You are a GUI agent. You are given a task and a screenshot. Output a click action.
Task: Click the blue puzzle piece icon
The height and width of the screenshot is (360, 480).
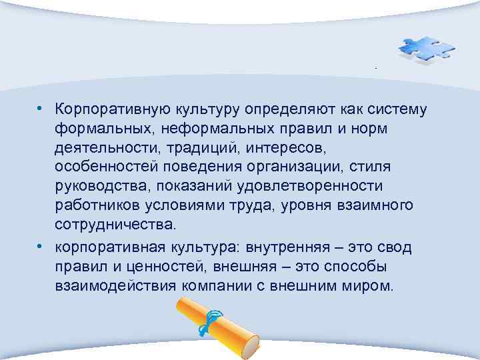(x=425, y=49)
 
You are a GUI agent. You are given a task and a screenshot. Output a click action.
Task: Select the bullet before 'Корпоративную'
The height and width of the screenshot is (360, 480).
(x=41, y=108)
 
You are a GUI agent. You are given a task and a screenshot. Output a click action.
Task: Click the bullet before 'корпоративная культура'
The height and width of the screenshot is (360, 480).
(x=41, y=247)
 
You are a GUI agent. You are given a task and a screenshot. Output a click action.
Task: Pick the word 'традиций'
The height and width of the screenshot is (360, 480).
(x=197, y=146)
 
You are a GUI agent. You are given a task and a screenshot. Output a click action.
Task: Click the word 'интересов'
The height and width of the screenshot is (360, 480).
(x=298, y=146)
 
